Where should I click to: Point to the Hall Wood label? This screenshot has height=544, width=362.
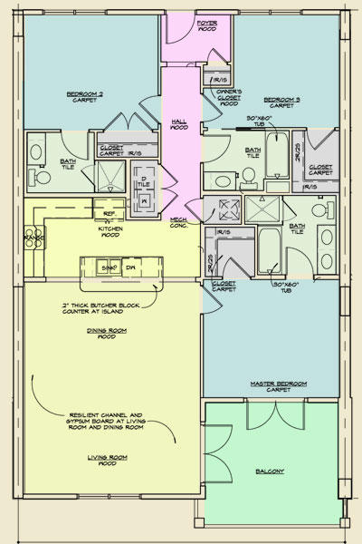(x=180, y=124)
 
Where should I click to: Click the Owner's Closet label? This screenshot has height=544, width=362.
(x=230, y=97)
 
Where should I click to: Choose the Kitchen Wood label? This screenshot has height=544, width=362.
(x=110, y=232)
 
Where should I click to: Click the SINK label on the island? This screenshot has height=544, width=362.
(x=107, y=268)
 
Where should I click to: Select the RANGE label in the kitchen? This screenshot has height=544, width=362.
(x=28, y=238)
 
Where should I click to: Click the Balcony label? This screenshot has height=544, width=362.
(x=270, y=471)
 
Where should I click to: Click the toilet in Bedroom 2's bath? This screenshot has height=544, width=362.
(x=40, y=177)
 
